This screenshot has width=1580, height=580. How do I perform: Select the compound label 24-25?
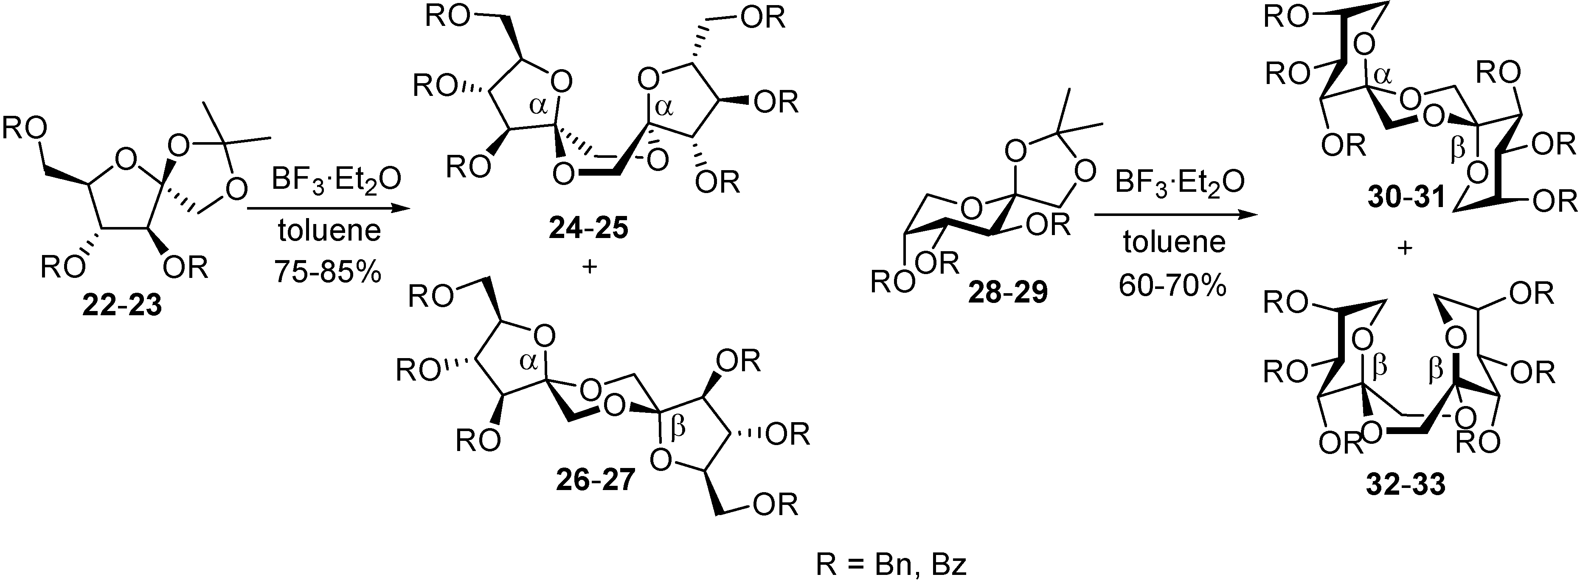click(588, 229)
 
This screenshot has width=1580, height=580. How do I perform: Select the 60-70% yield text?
click(1173, 284)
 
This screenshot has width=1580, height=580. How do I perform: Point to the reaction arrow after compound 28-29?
click(1173, 215)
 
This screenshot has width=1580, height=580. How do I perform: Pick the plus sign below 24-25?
click(589, 267)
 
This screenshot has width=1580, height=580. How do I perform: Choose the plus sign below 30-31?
click(1405, 248)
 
